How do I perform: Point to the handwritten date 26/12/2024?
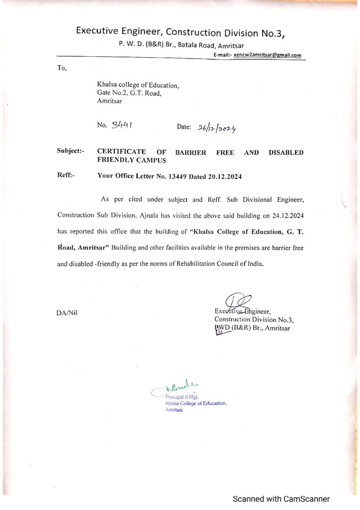click(217, 128)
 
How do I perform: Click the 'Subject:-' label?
click(71, 151)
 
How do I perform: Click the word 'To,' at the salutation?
click(62, 69)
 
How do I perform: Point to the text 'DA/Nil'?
click(67, 313)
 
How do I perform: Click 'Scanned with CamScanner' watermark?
click(281, 499)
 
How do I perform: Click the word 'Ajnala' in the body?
click(150, 215)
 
